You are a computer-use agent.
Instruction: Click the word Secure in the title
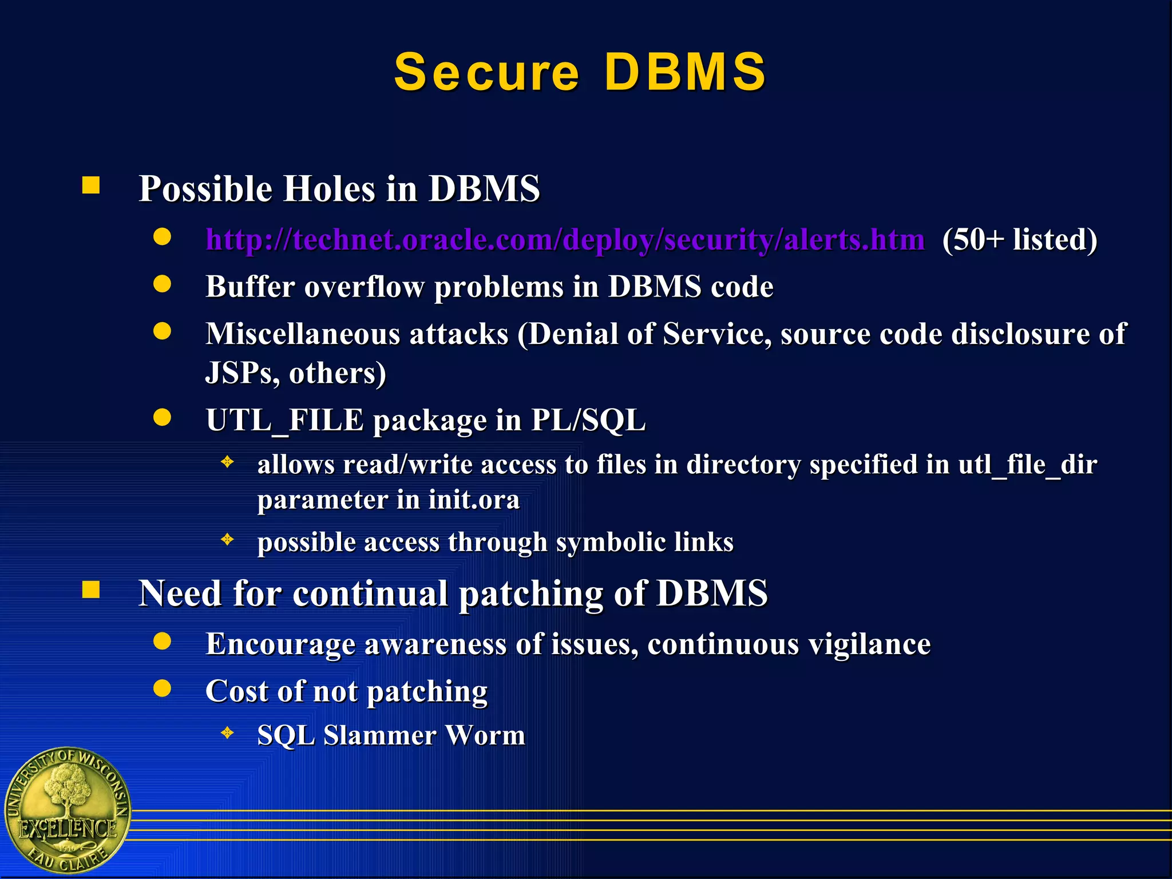point(486,72)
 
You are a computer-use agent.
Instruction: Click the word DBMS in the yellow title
point(685,72)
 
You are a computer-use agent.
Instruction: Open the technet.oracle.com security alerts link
point(565,239)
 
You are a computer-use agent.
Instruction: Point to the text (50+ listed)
point(1020,239)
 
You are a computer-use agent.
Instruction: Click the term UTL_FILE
point(284,421)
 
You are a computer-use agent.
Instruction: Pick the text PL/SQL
point(588,421)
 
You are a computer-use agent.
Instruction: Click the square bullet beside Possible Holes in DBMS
point(91,185)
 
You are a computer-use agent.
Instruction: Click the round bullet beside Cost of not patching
point(163,688)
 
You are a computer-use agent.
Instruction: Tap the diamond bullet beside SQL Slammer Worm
point(228,732)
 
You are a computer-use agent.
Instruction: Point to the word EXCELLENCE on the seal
point(68,829)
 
